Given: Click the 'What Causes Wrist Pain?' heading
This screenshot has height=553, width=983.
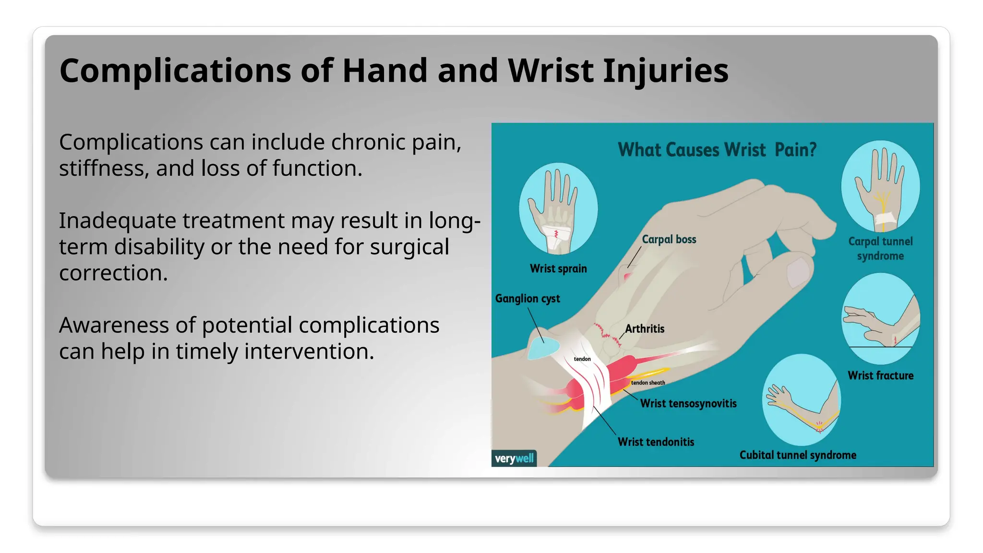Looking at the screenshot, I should (717, 150).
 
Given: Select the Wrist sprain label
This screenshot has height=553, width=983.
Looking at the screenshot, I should (558, 269).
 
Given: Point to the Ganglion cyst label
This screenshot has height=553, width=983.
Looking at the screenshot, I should (527, 299).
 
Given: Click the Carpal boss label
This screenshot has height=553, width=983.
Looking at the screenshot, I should (669, 239).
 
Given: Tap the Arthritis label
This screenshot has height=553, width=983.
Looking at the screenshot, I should (644, 329).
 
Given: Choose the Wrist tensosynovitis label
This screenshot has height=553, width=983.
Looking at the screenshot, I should (688, 403).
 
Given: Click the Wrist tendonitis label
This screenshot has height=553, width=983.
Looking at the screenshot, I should (656, 442).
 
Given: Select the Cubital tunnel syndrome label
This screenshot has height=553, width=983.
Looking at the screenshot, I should (797, 455).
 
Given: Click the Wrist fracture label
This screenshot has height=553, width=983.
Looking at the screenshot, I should (880, 375).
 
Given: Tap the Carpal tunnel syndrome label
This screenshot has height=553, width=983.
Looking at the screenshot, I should (880, 249).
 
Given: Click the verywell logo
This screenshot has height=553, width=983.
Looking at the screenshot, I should (514, 458).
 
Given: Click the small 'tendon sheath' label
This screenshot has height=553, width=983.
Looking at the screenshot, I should (648, 383).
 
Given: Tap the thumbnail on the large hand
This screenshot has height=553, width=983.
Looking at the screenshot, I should (798, 272).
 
